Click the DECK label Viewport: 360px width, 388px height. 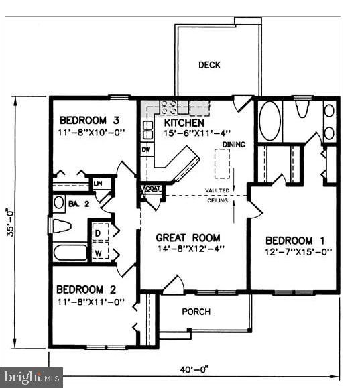pyautogui.click(x=209, y=65)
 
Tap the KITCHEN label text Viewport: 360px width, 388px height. pyautogui.click(x=184, y=123)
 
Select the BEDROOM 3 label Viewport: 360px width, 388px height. pyautogui.click(x=88, y=121)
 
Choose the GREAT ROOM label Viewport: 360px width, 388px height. pyautogui.click(x=189, y=237)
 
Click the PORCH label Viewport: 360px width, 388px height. pyautogui.click(x=196, y=312)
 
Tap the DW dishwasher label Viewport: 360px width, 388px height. pyautogui.click(x=145, y=149)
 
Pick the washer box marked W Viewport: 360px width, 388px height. pyautogui.click(x=98, y=252)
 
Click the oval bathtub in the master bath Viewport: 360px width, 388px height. pyautogui.click(x=269, y=121)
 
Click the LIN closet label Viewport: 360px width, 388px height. pyautogui.click(x=98, y=183)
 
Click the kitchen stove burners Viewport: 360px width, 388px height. pyautogui.click(x=168, y=105)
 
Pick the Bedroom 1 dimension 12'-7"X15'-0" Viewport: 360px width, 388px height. pyautogui.click(x=298, y=252)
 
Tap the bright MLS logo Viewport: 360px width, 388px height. pyautogui.click(x=31, y=378)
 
